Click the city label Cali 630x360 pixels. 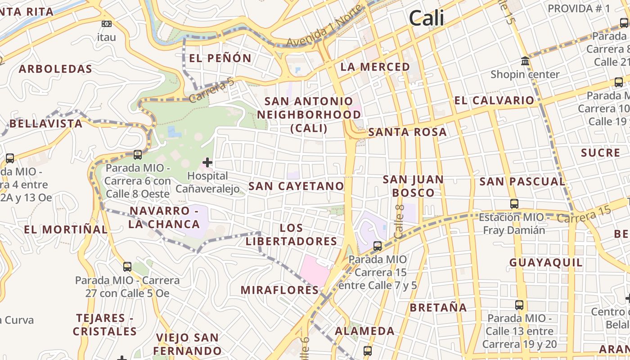click(426, 18)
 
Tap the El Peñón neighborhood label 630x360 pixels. click(220, 58)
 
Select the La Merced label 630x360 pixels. click(375, 67)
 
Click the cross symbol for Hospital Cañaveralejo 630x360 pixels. click(207, 162)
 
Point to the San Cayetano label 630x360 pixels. click(296, 186)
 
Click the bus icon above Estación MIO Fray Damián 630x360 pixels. click(514, 204)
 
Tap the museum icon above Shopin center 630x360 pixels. click(525, 61)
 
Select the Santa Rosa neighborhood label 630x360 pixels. click(407, 132)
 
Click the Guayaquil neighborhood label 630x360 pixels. click(546, 262)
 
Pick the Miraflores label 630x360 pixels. click(279, 290)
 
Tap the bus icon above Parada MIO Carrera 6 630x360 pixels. click(138, 155)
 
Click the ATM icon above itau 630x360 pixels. click(107, 24)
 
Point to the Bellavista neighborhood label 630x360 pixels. click(46, 123)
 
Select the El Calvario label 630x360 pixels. click(494, 100)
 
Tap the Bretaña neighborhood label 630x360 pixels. click(438, 308)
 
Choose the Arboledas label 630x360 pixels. click(55, 69)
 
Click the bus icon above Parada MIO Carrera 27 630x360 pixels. click(127, 267)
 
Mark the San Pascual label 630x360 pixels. click(522, 182)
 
